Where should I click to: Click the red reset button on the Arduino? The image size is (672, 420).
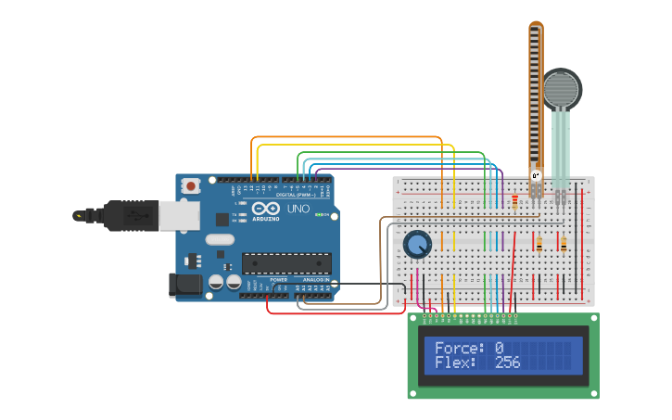pyautogui.click(x=191, y=185)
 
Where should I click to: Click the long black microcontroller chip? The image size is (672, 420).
pyautogui.click(x=285, y=263)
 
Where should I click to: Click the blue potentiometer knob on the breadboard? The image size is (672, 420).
pyautogui.click(x=418, y=245)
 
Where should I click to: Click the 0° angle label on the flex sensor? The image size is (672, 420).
pyautogui.click(x=535, y=175)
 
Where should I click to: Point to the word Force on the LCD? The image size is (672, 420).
pyautogui.click(x=459, y=349)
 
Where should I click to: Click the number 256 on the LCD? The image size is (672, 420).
pyautogui.click(x=507, y=363)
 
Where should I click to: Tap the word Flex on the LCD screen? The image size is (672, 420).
pyautogui.click(x=454, y=363)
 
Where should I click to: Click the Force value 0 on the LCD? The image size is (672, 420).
pyautogui.click(x=499, y=349)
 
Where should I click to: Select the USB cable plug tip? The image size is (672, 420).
pyautogui.click(x=80, y=216)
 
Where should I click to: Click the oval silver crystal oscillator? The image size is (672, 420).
pyautogui.click(x=221, y=240)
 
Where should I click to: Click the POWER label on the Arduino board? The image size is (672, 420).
pyautogui.click(x=278, y=279)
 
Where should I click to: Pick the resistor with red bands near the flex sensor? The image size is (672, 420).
pyautogui.click(x=514, y=202)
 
